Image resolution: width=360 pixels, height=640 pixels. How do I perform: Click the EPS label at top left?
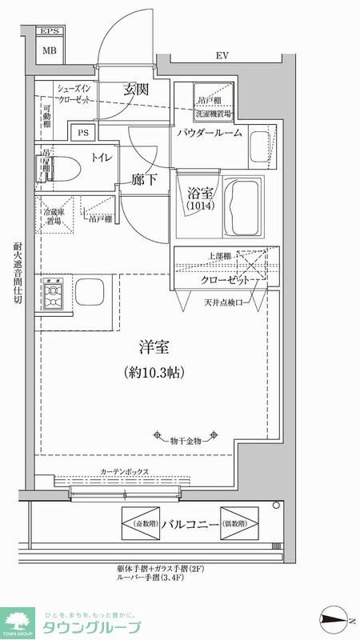50,33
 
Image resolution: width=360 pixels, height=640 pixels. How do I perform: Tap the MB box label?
50,50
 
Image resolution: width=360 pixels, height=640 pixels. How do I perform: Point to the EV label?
222,56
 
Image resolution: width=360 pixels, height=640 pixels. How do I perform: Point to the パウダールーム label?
210,133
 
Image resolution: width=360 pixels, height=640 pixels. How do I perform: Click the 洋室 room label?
154,349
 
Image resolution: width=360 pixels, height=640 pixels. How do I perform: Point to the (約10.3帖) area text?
154,372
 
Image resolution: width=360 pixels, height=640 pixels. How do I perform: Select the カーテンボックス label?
125,471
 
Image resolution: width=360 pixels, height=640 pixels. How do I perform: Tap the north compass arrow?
333,618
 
